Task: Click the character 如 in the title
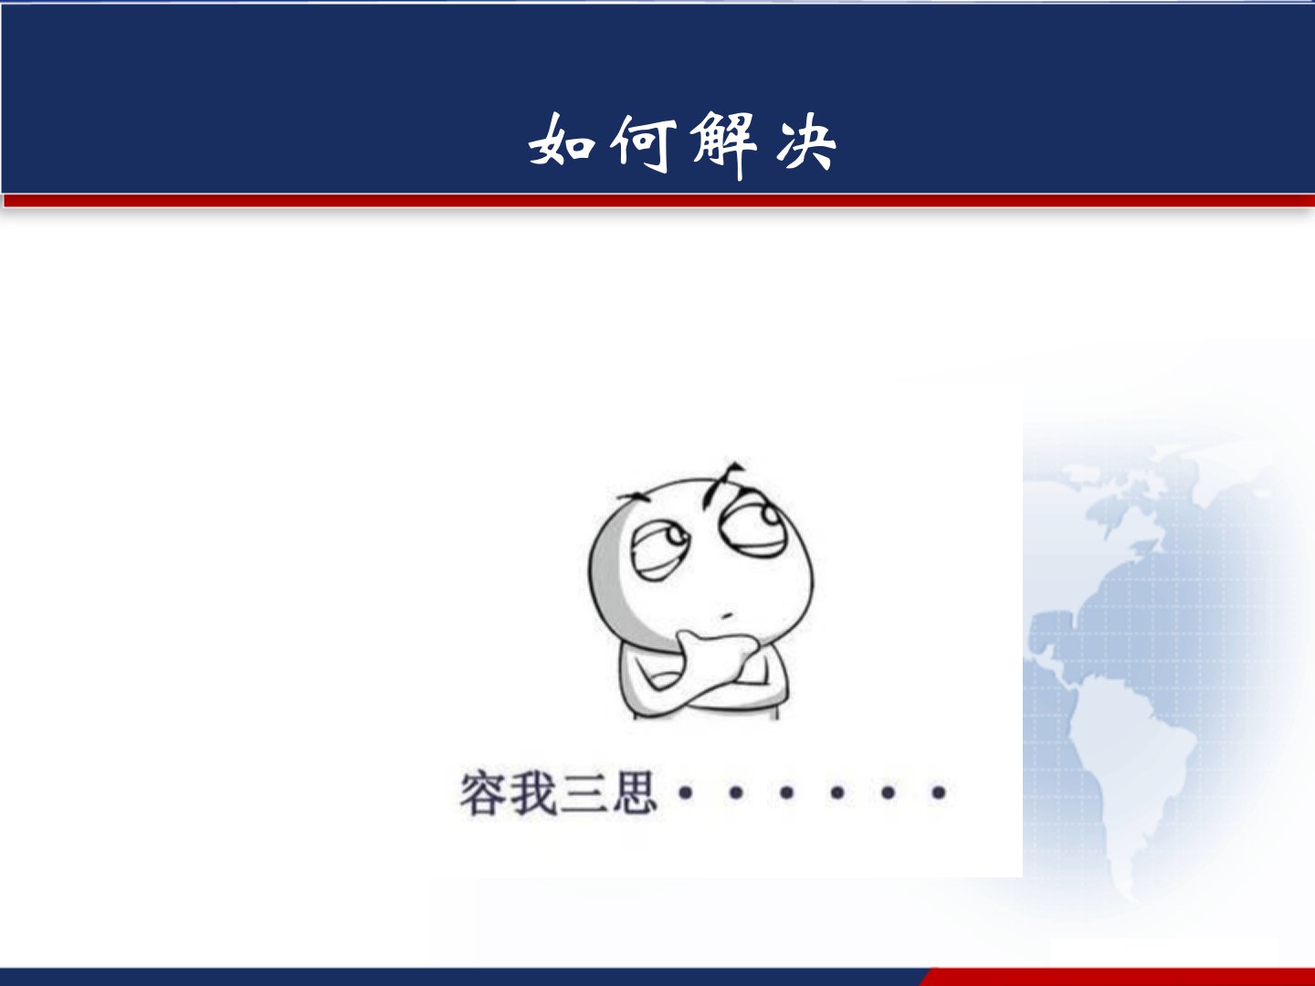pyautogui.click(x=562, y=142)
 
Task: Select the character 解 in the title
pyautogui.click(x=723, y=145)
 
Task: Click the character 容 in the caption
pyautogui.click(x=484, y=792)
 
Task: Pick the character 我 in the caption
pyautogui.click(x=534, y=792)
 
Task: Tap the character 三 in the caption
pyautogui.click(x=583, y=793)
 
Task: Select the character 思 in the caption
pyautogui.click(x=633, y=792)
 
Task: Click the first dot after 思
pyautogui.click(x=686, y=793)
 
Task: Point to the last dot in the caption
pyautogui.click(x=939, y=793)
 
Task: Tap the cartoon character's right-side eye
pyautogui.click(x=753, y=525)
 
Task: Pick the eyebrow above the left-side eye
pyautogui.click(x=634, y=498)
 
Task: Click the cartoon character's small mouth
pyautogui.click(x=727, y=615)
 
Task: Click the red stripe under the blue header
pyautogui.click(x=659, y=200)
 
